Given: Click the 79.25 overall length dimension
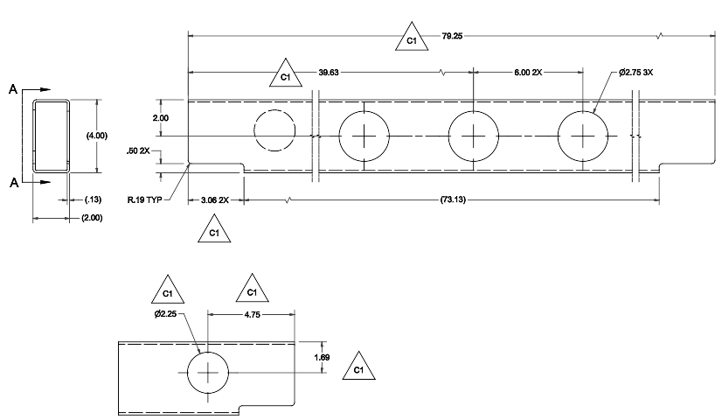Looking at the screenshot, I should click(453, 37).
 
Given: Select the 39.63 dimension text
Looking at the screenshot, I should click(328, 73).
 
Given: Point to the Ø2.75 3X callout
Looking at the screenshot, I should click(636, 73).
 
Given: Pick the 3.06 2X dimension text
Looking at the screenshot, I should click(214, 200).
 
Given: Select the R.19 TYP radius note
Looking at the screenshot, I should click(145, 200).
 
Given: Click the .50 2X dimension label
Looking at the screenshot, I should click(140, 150).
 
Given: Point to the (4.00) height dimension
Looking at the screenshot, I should click(96, 136).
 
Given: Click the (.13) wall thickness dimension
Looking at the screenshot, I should click(90, 200).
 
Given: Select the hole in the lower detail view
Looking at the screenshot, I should click(208, 374).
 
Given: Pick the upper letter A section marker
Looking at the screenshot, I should click(13, 89).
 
